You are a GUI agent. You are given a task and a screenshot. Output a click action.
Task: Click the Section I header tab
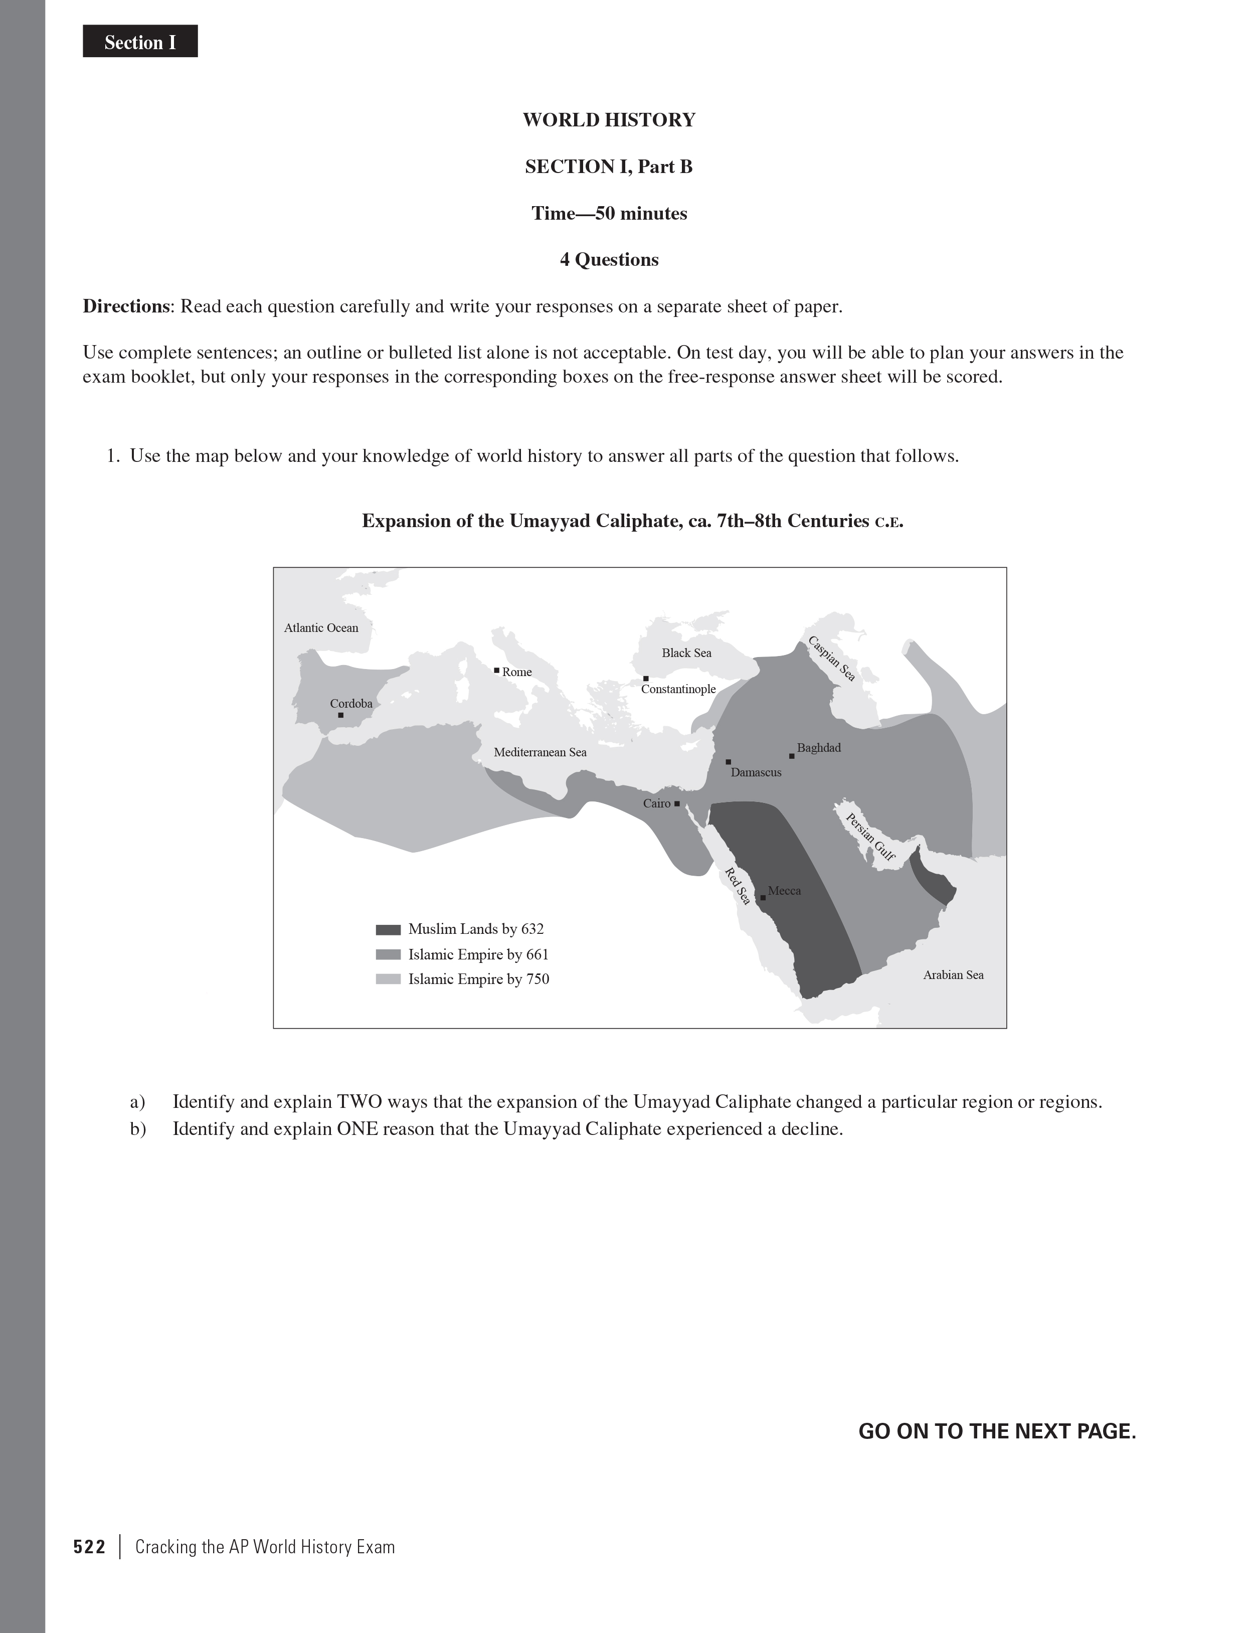click(140, 42)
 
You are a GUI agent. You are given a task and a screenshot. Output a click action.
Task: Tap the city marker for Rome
click(496, 671)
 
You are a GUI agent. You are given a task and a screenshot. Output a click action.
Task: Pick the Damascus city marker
click(728, 762)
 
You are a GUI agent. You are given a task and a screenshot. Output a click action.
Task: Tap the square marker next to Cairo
click(676, 804)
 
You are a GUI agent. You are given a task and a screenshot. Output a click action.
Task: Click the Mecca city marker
click(763, 897)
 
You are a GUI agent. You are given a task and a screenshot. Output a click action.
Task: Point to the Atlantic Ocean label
click(321, 628)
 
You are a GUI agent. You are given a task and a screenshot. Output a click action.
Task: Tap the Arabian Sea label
click(953, 975)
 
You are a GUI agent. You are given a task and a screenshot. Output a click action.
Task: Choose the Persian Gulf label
click(869, 837)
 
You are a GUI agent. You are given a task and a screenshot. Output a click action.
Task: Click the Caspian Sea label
click(831, 658)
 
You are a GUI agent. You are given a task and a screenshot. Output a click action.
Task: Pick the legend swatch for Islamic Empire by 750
click(388, 979)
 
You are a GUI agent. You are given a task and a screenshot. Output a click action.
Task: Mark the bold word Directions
click(125, 306)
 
